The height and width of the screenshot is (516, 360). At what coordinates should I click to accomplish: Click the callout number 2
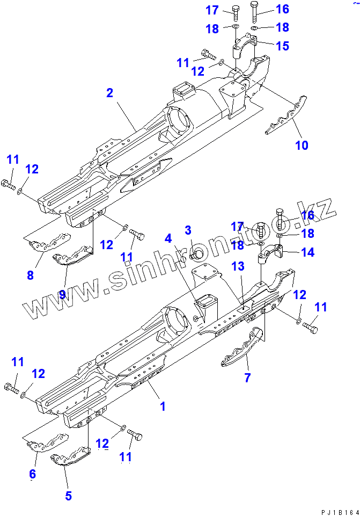[x=109, y=93]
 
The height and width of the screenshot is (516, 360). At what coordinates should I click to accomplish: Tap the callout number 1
[x=163, y=406]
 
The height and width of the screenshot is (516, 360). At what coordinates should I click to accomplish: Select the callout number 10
[x=302, y=145]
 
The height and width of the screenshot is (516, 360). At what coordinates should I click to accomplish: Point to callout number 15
[x=282, y=46]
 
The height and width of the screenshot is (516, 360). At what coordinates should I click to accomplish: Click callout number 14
[x=307, y=252]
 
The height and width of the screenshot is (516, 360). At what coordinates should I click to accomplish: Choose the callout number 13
[x=238, y=266]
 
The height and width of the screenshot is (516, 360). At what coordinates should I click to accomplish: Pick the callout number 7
[x=247, y=377]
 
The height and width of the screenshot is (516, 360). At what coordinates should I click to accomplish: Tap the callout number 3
[x=188, y=231]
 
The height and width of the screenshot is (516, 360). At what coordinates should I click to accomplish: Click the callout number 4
[x=168, y=237]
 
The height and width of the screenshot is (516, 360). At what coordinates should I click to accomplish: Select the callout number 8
[x=30, y=275]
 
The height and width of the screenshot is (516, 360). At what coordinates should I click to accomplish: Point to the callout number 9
[x=62, y=294]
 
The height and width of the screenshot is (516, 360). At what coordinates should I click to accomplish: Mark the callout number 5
[x=68, y=496]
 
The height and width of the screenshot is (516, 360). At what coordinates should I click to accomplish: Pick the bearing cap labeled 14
[x=277, y=252]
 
